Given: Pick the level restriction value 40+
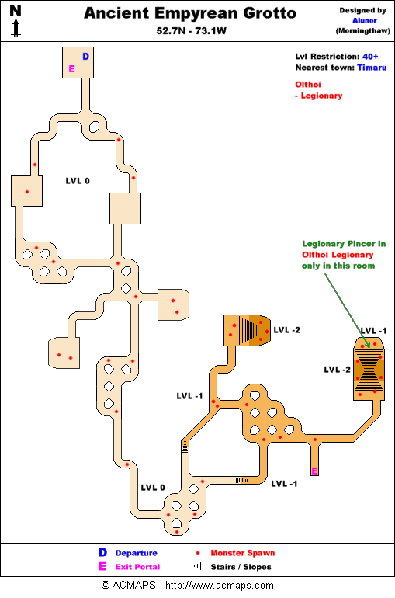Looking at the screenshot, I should point(371,57).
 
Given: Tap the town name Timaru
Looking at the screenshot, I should point(371,68).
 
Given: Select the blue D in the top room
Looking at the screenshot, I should point(85,57).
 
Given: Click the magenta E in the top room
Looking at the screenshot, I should point(71,69).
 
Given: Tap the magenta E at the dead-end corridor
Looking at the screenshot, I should point(314,471).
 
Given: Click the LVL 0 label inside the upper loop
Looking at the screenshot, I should point(78,180).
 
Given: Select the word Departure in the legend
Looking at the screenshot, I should point(136,553).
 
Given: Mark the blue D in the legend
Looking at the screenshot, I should point(102,553).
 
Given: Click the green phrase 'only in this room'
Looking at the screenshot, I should point(338,266).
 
